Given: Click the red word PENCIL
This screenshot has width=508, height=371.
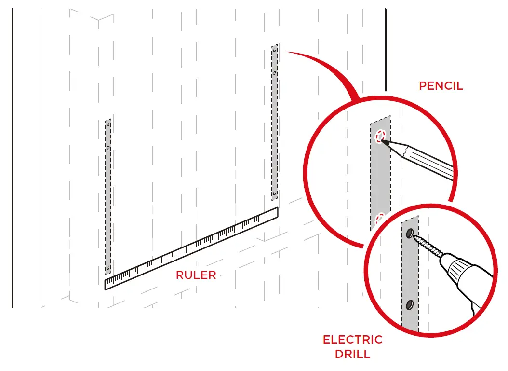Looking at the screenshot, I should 441,86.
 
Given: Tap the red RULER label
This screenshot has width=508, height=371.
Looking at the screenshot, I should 196,275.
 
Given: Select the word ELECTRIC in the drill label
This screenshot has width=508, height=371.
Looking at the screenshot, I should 352,340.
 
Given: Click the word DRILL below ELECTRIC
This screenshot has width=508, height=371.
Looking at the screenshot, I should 352,354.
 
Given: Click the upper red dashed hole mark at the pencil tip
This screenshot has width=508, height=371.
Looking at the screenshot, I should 380,137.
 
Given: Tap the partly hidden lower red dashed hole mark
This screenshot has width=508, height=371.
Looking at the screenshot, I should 380,217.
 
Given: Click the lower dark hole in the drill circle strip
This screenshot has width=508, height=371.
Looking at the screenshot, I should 410,304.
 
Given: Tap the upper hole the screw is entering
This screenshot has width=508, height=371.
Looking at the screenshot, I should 409,234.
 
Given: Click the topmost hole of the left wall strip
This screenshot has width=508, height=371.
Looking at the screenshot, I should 108,124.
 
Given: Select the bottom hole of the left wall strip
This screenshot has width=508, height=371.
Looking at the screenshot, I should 108,268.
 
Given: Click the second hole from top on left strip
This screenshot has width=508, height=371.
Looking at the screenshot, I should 108,147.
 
